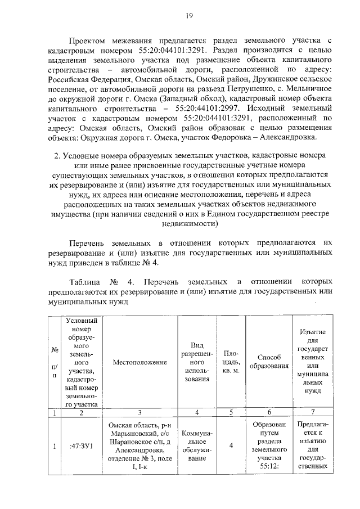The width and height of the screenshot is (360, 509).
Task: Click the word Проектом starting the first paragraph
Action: pos(89,41)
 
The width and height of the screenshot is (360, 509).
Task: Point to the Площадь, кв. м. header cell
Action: pos(227,363)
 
